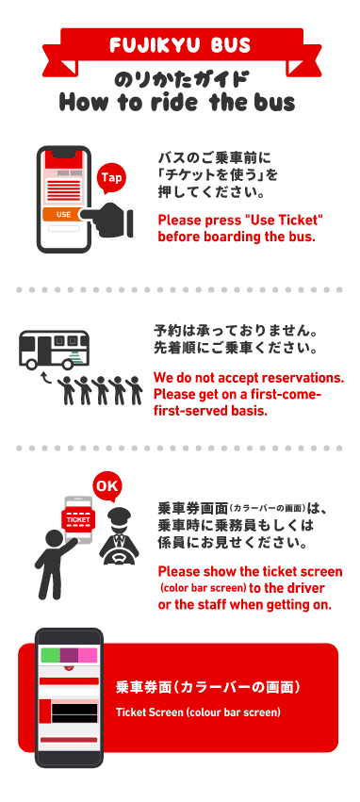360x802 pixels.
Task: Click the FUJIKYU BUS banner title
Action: click(180, 45)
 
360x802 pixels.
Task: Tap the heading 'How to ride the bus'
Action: click(177, 101)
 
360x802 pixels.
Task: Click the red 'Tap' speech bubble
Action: click(111, 178)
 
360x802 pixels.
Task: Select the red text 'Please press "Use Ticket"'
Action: click(241, 221)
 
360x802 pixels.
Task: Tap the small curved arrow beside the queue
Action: click(46, 378)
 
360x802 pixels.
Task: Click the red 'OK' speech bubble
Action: click(106, 486)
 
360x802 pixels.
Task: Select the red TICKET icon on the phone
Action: click(77, 519)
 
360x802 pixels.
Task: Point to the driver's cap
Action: click(119, 513)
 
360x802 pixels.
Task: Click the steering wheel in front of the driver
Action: click(119, 555)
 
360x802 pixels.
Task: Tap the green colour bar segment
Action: click(50, 655)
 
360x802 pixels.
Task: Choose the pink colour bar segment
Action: click(88, 655)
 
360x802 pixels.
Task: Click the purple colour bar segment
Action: click(69, 655)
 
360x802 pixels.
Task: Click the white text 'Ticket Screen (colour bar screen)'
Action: click(198, 712)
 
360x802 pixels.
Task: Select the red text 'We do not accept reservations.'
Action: click(249, 379)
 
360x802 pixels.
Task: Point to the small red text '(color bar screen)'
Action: click(204, 587)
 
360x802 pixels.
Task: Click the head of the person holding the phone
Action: click(54, 540)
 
